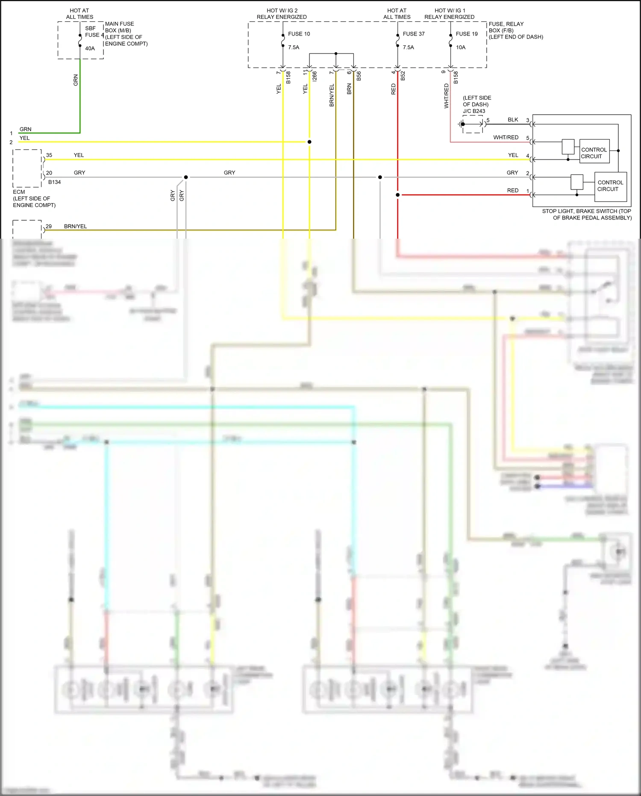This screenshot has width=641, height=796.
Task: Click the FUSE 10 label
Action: [299, 34]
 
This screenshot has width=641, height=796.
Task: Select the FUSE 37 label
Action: [413, 34]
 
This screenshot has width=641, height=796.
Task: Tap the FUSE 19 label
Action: [466, 34]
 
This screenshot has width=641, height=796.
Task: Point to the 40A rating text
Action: [90, 48]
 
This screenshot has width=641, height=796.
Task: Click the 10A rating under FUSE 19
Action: [460, 47]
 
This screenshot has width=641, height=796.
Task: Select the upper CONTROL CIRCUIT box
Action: [594, 153]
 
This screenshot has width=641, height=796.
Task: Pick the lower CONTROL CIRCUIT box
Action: [610, 186]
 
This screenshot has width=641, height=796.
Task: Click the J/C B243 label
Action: [474, 111]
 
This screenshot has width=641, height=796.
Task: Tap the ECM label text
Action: [19, 192]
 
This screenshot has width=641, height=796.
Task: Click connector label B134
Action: [54, 182]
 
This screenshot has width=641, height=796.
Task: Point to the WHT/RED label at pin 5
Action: [506, 137]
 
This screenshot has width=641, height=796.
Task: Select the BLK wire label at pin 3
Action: [513, 120]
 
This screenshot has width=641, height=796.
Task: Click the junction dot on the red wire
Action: [397, 195]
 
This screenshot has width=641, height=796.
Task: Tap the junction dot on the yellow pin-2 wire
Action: [309, 142]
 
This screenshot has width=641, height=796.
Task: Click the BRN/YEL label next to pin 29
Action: [75, 226]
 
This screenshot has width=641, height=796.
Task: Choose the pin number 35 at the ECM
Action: [49, 155]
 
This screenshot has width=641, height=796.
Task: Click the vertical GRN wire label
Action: [76, 80]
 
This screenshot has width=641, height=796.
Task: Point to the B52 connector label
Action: [403, 76]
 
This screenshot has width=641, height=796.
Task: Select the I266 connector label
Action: [315, 76]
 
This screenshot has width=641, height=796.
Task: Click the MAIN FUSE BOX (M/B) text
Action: [119, 27]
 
